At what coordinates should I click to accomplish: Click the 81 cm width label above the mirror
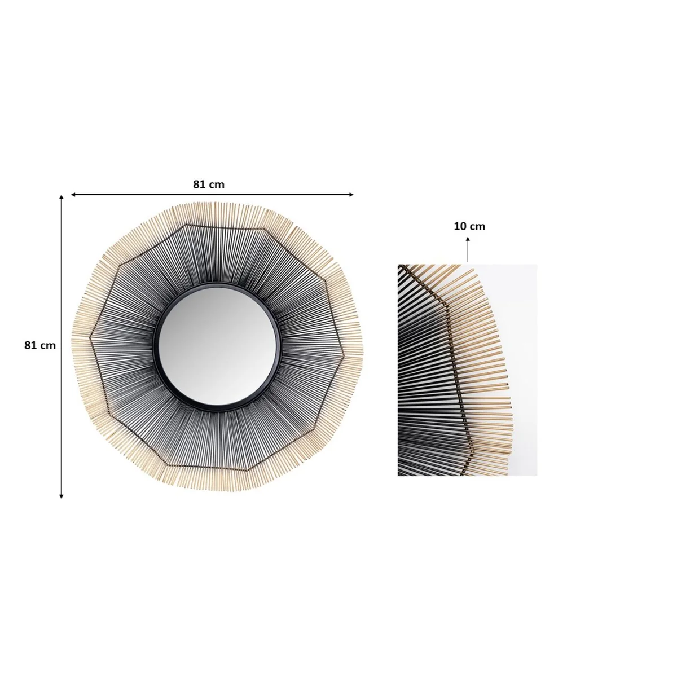208,184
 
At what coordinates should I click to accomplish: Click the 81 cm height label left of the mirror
40,345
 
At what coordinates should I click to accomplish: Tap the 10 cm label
469,226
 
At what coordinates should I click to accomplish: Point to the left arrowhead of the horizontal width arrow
73,195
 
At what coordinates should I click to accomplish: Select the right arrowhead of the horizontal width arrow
351,195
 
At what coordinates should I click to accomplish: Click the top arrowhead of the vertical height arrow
61,198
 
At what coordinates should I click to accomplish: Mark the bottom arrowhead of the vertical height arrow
61,496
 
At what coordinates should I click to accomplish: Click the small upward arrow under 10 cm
468,249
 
